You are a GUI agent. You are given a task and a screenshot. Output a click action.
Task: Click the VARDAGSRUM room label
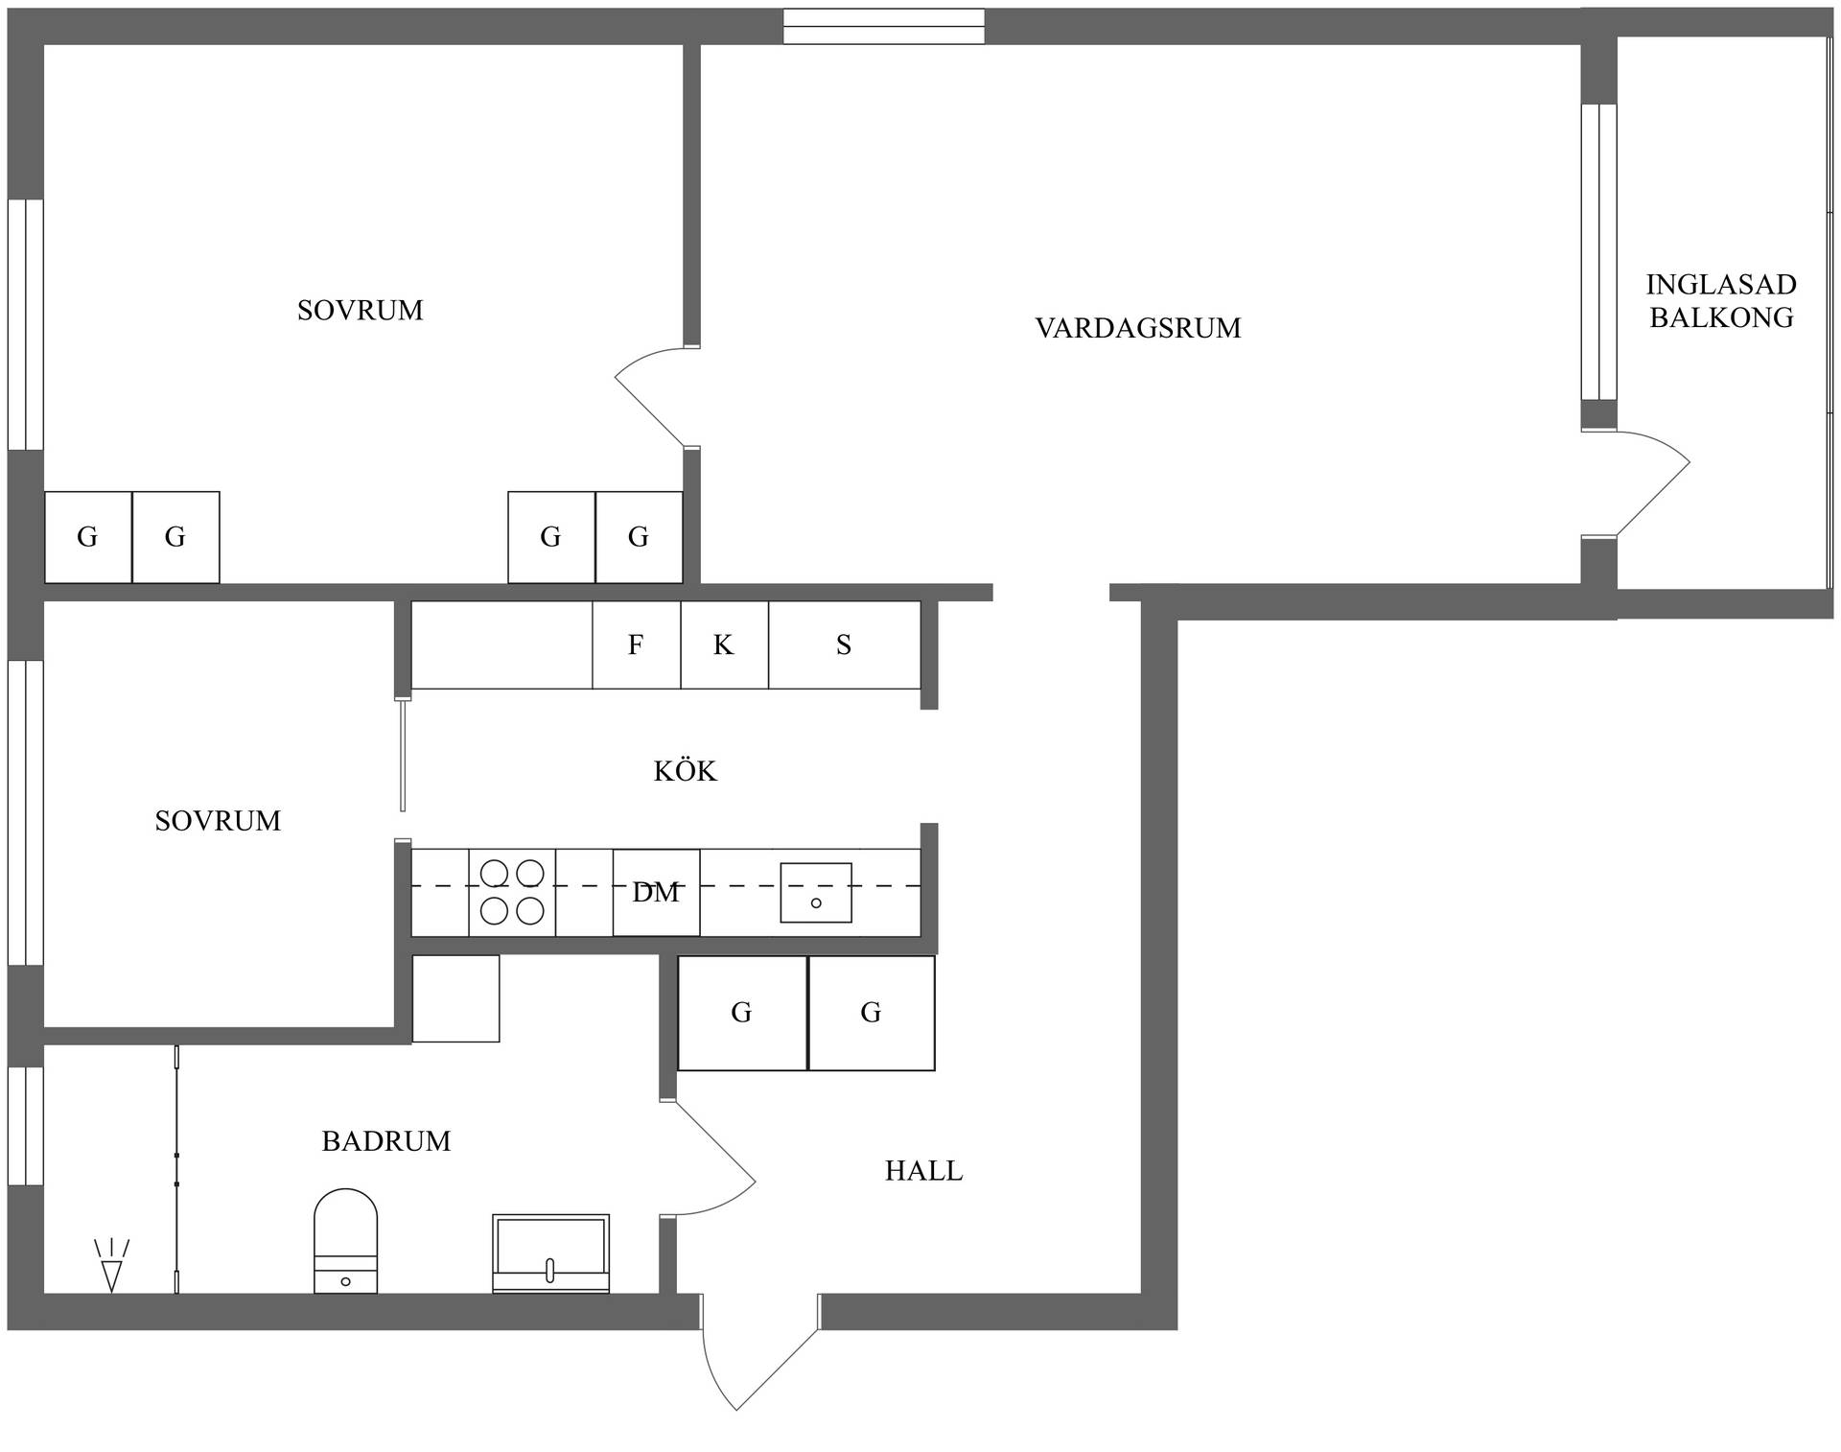pyautogui.click(x=1138, y=328)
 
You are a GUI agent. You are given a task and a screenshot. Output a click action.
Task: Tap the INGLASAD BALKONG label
pyautogui.click(x=1721, y=301)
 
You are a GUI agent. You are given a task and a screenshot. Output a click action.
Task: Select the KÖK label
pyautogui.click(x=685, y=770)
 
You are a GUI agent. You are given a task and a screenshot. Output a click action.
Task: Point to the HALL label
pyautogui.click(x=923, y=1170)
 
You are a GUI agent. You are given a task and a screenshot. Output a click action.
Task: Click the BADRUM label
pyautogui.click(x=386, y=1140)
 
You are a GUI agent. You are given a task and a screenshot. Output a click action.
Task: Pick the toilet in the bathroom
pyautogui.click(x=345, y=1241)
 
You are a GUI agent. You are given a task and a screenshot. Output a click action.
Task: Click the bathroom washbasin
pyautogui.click(x=550, y=1253)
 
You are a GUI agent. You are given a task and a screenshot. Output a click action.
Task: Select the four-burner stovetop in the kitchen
pyautogui.click(x=512, y=892)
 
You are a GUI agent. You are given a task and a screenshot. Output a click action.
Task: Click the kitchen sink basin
pyautogui.click(x=816, y=893)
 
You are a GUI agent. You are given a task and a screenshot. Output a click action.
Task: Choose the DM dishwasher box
pyautogui.click(x=657, y=893)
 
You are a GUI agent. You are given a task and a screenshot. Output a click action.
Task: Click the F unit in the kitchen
pyautogui.click(x=637, y=644)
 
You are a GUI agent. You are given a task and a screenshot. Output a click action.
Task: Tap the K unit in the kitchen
pyautogui.click(x=725, y=644)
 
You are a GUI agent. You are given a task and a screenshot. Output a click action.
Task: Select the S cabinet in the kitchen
pyautogui.click(x=845, y=644)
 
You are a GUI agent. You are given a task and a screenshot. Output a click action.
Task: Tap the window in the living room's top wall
pyautogui.click(x=884, y=27)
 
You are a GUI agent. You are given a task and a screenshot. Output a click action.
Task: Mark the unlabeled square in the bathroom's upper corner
pyautogui.click(x=455, y=998)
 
